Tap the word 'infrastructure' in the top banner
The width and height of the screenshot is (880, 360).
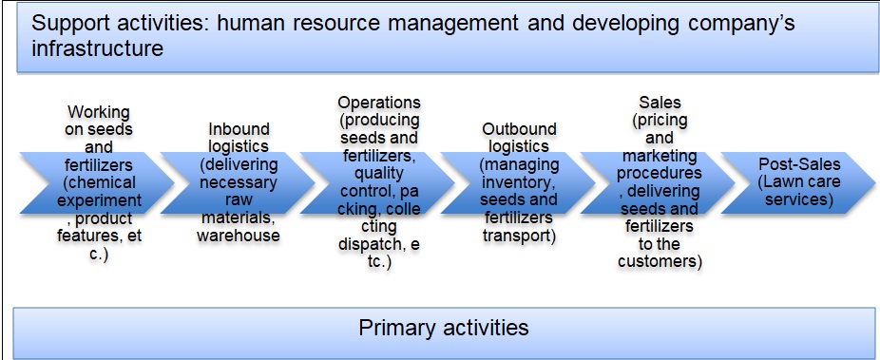click(97, 48)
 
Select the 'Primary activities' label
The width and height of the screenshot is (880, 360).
click(444, 327)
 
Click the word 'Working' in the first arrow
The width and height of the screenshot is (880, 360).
click(100, 113)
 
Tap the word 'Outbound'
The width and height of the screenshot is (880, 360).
click(519, 129)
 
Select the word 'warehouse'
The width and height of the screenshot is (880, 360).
click(239, 235)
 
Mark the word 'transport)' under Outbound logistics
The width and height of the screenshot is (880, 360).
click(519, 236)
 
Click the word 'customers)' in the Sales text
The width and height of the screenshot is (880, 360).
click(660, 262)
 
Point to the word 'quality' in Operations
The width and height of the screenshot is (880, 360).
click(379, 173)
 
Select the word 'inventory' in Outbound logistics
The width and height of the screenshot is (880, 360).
click(516, 182)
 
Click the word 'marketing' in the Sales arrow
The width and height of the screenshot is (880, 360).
click(660, 156)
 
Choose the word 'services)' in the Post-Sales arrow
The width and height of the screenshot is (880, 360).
click(797, 199)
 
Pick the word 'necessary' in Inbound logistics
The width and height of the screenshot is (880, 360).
click(239, 182)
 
